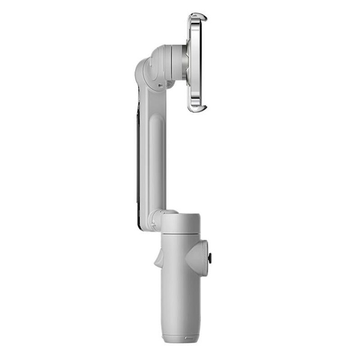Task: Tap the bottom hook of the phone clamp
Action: [197, 108]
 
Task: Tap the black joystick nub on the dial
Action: [211, 258]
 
